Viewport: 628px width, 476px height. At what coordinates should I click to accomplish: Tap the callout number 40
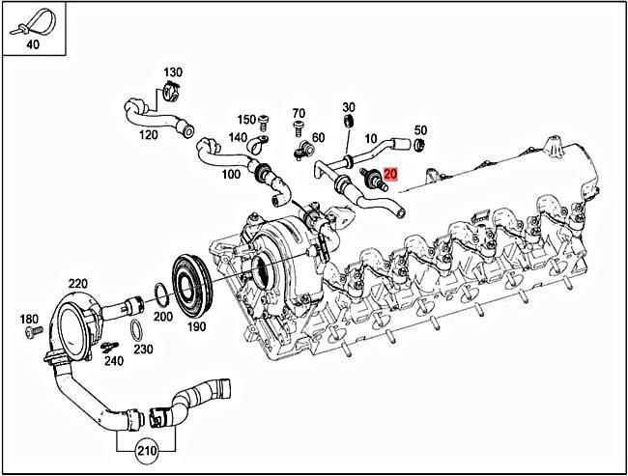click(33, 43)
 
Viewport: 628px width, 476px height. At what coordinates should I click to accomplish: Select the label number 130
click(172, 73)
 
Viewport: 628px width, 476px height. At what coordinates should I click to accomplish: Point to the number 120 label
click(149, 135)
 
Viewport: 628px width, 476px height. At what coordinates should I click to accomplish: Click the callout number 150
click(245, 120)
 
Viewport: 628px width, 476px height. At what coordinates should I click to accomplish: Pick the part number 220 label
click(77, 283)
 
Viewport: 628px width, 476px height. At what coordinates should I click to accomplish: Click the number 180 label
click(29, 319)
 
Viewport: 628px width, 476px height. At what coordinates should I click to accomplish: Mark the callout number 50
click(420, 129)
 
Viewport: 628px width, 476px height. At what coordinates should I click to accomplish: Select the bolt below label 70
click(299, 126)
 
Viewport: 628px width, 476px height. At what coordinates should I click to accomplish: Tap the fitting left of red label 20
click(369, 177)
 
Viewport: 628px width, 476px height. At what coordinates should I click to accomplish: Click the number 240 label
click(114, 361)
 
